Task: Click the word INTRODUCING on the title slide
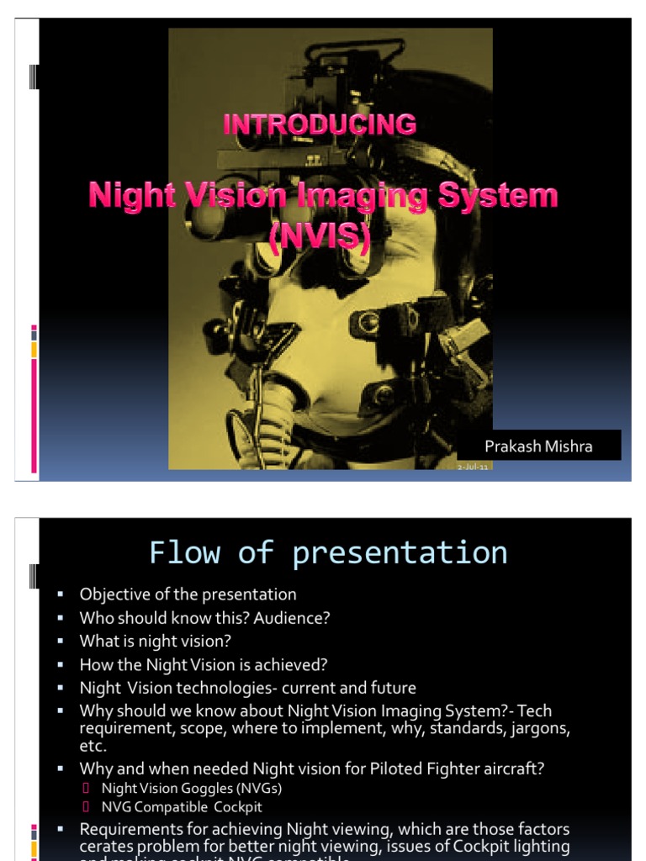pos(320,124)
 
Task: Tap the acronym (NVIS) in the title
pos(320,235)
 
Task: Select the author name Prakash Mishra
pos(538,446)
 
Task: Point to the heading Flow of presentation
pos(328,552)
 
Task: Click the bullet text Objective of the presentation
pos(188,594)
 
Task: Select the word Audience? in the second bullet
pos(291,618)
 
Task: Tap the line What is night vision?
pos(155,641)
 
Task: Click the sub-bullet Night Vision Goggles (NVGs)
pos(191,788)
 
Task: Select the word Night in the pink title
pos(131,197)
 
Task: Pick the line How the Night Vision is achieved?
pos(203,664)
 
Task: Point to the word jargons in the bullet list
pos(540,728)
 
